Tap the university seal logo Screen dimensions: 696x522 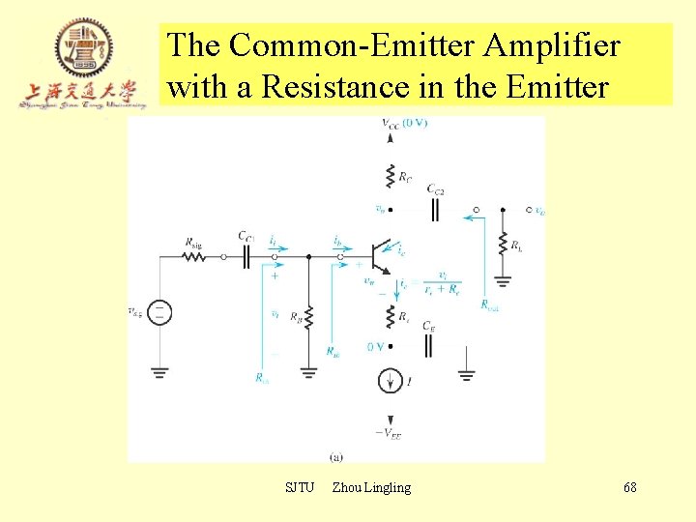[83, 48]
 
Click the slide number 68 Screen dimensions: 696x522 [629, 487]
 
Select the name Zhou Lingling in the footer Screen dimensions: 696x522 [371, 487]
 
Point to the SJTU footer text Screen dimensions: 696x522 [300, 487]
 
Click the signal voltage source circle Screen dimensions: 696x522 [160, 312]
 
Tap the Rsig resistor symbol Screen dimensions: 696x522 [192, 256]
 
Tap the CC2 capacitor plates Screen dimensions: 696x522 [435, 208]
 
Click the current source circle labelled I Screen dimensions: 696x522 [391, 382]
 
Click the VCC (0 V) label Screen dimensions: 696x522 [404, 124]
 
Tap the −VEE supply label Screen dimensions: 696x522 [389, 434]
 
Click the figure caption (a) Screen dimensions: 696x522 [336, 456]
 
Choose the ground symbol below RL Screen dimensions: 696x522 [503, 282]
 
